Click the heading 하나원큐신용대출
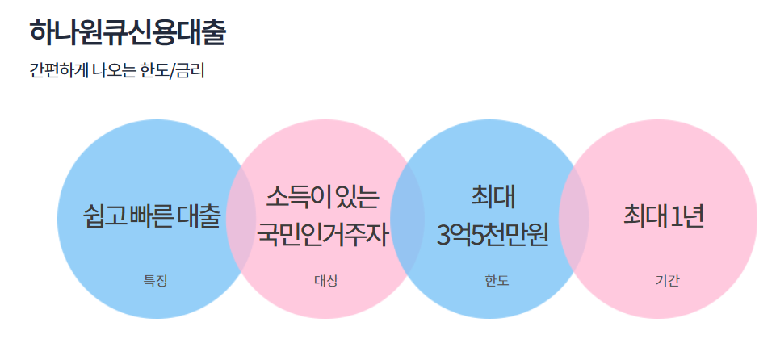point(128,32)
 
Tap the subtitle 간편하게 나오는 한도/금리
point(117,71)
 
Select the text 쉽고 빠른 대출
point(152,216)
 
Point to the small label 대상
point(325,281)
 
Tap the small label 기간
point(667,281)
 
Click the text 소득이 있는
point(322,196)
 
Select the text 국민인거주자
point(323,235)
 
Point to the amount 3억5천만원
point(493,235)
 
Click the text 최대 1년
point(664,216)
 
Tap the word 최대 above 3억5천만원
point(493,196)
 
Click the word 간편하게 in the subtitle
point(57,71)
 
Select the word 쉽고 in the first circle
point(103,216)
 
